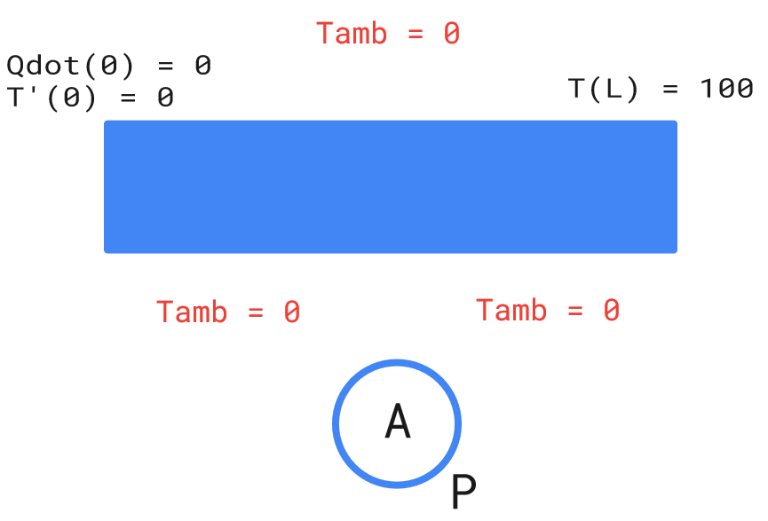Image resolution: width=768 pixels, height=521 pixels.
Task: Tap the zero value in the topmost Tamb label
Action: [x=451, y=34]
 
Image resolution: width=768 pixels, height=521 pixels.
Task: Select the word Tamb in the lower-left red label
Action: [x=192, y=312]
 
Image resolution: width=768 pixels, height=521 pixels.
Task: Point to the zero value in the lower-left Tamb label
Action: [x=291, y=312]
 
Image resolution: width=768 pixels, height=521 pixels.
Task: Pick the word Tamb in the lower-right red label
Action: [x=511, y=311]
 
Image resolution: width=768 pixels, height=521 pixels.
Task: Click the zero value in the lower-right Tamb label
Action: [x=611, y=311]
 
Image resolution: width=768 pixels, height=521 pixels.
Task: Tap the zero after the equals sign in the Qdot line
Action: [x=202, y=66]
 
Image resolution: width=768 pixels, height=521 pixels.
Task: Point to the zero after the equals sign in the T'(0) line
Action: [x=165, y=97]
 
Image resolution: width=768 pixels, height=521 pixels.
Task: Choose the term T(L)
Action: [x=604, y=89]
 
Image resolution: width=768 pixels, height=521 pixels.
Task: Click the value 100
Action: [x=726, y=89]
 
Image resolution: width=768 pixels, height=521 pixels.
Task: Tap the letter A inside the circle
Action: [x=397, y=422]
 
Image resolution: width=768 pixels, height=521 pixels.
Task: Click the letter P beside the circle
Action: [x=463, y=492]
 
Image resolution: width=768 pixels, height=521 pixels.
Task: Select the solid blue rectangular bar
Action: [x=391, y=186]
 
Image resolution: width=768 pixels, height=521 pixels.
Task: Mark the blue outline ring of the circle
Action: [x=336, y=423]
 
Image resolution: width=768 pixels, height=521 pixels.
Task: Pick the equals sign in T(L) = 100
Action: [x=669, y=89]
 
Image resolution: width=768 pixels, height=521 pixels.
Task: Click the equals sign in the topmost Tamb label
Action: [x=414, y=34]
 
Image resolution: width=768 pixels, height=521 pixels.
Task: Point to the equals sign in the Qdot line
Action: [x=165, y=66]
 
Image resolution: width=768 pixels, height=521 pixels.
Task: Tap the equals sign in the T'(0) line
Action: [x=128, y=97]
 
